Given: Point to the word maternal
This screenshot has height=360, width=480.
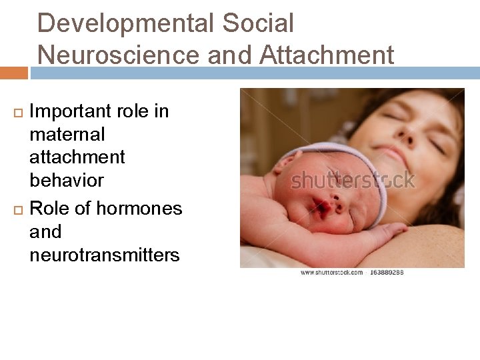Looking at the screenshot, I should click(67, 135).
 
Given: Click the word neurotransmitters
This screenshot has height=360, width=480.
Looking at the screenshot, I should click(104, 255).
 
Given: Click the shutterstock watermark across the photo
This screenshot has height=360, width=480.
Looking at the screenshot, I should click(353, 181).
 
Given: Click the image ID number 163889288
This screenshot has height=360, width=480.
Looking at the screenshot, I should click(385, 272).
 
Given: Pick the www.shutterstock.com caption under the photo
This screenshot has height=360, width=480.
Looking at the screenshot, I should click(331, 272).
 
